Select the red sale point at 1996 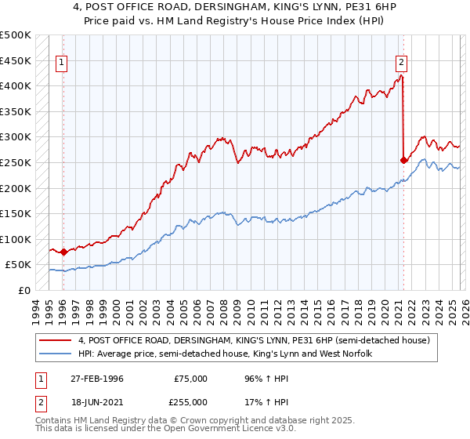click(63, 252)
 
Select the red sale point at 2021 click(404, 160)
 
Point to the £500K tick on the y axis click(16, 35)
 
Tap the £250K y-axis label click(16, 162)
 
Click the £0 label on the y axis click(23, 290)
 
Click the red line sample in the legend click(56, 341)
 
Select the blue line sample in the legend click(56, 354)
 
